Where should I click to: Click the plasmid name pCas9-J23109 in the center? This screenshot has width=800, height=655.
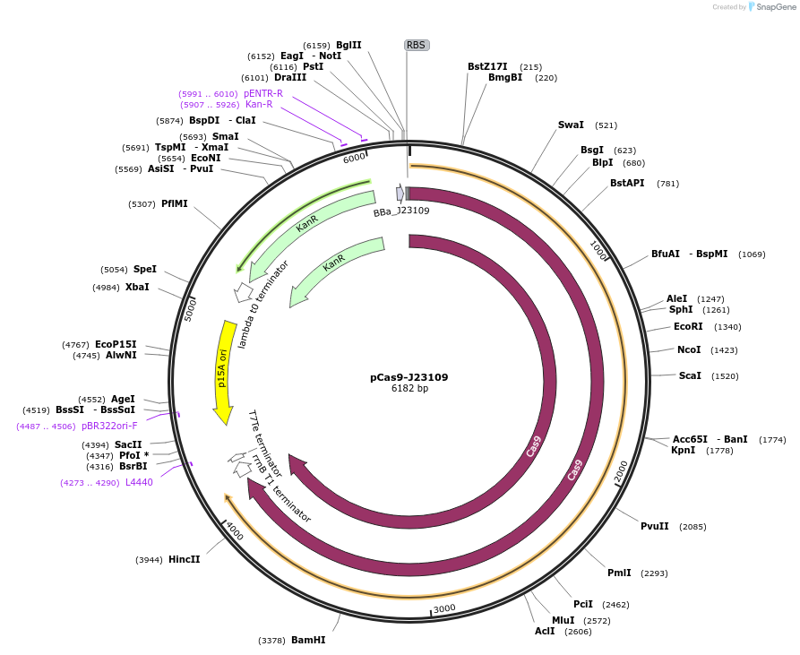[409, 377]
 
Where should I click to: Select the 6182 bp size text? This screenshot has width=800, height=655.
[409, 389]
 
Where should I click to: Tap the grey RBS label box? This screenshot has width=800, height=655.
[416, 45]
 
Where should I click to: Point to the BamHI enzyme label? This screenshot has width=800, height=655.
[308, 641]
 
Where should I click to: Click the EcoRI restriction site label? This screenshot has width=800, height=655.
[688, 327]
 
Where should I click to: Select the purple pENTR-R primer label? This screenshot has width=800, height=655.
[263, 93]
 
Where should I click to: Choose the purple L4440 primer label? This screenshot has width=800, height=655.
[139, 482]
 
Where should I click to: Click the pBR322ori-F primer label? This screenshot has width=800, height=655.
[109, 427]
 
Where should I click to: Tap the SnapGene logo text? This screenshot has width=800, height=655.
[776, 7]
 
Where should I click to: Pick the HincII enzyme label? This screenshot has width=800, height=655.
[185, 560]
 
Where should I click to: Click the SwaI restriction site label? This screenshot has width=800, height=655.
[571, 125]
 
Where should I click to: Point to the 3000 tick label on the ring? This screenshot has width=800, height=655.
[444, 608]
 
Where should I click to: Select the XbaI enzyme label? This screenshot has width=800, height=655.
[137, 288]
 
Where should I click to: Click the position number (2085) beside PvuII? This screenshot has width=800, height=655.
[692, 527]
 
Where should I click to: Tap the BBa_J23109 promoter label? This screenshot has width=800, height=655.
[401, 212]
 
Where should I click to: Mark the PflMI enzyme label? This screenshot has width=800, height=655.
[175, 204]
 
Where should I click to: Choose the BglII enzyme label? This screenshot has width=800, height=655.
[348, 45]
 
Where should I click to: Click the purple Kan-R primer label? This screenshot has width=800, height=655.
[259, 105]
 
